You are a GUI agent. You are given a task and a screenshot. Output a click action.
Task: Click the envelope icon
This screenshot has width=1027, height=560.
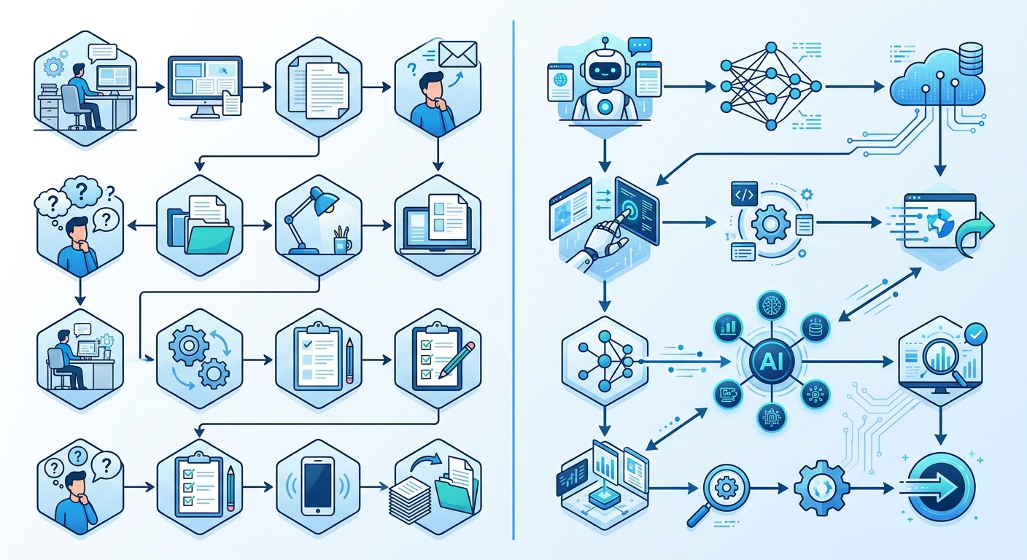pos(457,54)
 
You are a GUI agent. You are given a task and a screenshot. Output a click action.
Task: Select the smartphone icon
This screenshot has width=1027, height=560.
pos(318,486)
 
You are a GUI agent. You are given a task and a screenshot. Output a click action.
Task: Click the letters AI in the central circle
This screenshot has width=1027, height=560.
pos(772,362)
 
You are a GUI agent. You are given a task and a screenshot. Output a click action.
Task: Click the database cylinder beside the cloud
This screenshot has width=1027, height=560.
pos(971,58)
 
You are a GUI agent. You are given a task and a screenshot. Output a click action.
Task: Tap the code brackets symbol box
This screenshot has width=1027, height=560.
pos(744,194)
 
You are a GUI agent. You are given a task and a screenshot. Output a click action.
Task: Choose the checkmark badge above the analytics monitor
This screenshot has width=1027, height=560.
pos(976,334)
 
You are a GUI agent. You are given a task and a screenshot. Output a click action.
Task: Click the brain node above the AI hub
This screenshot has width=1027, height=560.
pos(772,306)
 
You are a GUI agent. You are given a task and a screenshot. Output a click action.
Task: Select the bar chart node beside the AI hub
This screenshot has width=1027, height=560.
pos(729,327)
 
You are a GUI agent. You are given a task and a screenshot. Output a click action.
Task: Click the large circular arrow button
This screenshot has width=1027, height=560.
pos(941,488)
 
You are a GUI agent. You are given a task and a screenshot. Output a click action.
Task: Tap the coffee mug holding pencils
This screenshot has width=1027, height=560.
pos(341,244)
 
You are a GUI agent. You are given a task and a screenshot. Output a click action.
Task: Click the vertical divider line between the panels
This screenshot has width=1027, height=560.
pos(513,280)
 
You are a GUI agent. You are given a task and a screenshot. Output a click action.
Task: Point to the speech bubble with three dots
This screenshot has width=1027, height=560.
pos(640,46)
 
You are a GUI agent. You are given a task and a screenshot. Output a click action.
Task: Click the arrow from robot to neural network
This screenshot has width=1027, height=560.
pos(689,86)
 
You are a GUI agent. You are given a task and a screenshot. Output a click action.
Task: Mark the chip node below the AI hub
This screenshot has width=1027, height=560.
pos(772,418)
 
